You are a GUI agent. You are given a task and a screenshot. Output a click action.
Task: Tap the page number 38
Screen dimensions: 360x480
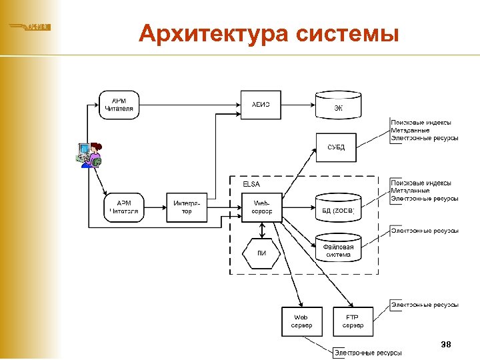coord(446,344)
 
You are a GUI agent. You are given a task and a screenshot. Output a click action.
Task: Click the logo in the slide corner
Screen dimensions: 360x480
coord(30,27)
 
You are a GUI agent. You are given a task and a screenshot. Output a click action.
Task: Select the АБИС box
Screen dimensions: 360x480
coord(261,105)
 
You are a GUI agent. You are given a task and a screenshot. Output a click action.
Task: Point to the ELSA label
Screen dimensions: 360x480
coord(251,183)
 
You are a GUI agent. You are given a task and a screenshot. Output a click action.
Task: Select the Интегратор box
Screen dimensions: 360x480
coord(186,207)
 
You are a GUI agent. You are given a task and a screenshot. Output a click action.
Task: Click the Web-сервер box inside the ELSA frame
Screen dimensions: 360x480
coord(261,207)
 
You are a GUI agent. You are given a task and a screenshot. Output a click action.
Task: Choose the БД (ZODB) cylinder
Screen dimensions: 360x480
coord(338,208)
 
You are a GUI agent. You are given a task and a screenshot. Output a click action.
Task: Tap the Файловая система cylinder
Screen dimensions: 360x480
coord(338,249)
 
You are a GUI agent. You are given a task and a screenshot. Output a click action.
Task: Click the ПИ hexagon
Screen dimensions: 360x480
coord(261,253)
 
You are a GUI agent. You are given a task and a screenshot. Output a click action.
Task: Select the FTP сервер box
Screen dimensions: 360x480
coord(353,321)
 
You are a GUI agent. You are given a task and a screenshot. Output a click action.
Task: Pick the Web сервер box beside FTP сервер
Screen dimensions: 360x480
coord(301,321)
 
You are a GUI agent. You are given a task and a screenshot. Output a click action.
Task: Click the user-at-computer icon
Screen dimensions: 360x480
coord(89,155)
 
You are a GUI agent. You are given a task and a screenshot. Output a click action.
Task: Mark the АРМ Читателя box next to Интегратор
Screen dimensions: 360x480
coord(124,207)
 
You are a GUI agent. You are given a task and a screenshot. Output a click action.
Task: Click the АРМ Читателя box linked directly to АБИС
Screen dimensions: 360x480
coord(119,105)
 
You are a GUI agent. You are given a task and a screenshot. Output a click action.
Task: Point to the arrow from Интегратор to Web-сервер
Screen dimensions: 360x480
coord(225,207)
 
